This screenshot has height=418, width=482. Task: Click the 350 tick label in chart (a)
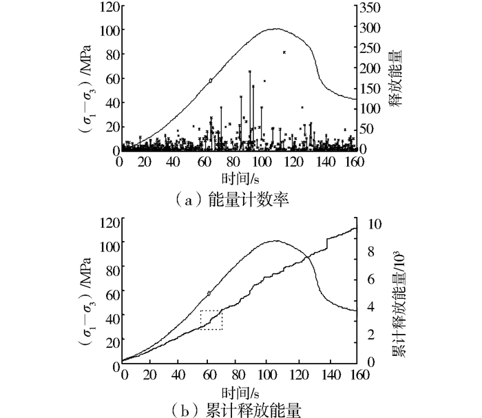(370, 8)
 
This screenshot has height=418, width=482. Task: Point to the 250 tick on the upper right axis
(370, 48)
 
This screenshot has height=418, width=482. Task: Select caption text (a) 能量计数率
(232, 200)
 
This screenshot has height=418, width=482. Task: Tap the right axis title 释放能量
(396, 79)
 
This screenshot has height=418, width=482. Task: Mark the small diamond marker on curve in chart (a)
(211, 81)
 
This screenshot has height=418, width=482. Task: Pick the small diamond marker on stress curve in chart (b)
(209, 293)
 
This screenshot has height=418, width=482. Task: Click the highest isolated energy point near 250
(284, 52)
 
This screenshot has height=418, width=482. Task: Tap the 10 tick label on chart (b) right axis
(375, 224)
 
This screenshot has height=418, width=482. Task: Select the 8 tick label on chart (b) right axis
(371, 252)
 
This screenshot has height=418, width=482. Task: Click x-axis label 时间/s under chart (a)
(240, 178)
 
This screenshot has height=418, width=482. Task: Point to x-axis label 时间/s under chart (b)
(240, 393)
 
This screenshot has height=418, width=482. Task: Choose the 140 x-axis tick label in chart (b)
(331, 375)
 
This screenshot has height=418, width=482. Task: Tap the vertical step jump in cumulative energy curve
(327, 244)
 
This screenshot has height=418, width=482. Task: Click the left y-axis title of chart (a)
(87, 89)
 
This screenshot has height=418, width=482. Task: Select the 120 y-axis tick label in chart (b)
(109, 222)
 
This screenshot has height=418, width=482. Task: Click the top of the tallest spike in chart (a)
(250, 72)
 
